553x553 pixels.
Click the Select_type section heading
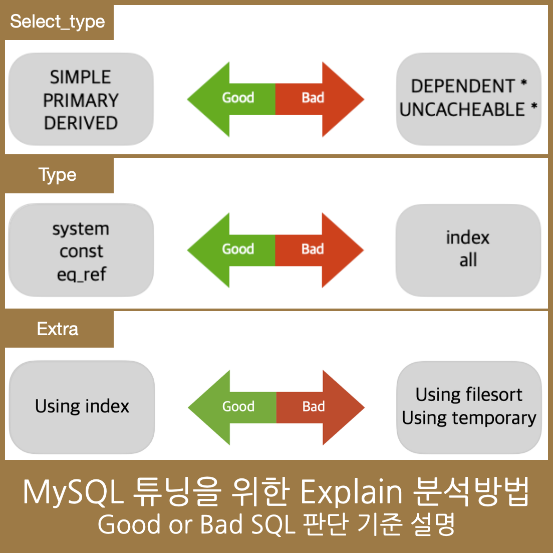(58, 22)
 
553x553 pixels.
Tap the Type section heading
(58, 175)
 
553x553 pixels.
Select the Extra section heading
(58, 329)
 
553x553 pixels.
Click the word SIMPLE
(81, 77)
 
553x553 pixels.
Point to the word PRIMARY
(81, 100)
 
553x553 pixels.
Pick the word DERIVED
(81, 123)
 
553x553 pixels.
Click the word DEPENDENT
(463, 86)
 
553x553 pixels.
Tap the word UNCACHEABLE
(462, 109)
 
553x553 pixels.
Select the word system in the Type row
(81, 229)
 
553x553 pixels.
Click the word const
(81, 251)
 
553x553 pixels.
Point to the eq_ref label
(81, 274)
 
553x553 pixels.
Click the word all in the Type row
(468, 260)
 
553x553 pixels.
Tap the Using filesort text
(469, 395)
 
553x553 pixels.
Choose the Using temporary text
(469, 418)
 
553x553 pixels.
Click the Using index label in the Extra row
(82, 406)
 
